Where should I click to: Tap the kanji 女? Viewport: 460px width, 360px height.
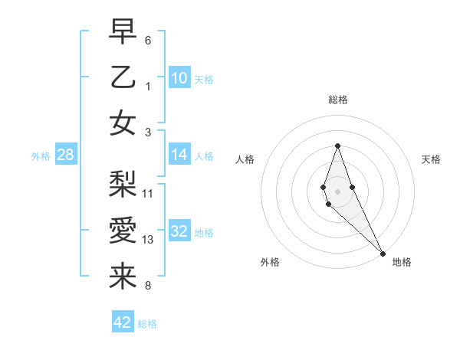click(x=123, y=123)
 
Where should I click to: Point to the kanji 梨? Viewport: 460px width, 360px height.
click(x=123, y=184)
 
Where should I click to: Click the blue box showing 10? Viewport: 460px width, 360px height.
click(x=179, y=77)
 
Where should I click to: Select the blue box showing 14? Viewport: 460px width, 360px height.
click(x=179, y=155)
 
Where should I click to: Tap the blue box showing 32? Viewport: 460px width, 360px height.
click(x=179, y=231)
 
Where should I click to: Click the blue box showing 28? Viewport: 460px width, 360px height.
click(x=66, y=155)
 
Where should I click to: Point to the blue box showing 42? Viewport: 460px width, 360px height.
click(x=123, y=322)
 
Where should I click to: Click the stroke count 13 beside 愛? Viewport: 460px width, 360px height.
click(x=149, y=240)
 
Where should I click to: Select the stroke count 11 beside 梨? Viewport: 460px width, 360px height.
click(x=149, y=192)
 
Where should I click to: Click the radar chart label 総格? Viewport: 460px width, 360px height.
click(x=338, y=100)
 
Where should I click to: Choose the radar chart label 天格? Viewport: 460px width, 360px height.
click(x=431, y=159)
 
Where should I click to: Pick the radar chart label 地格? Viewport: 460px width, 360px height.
click(x=402, y=262)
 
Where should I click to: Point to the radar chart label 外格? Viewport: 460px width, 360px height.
click(x=270, y=262)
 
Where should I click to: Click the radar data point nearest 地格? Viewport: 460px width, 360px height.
click(x=383, y=253)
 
